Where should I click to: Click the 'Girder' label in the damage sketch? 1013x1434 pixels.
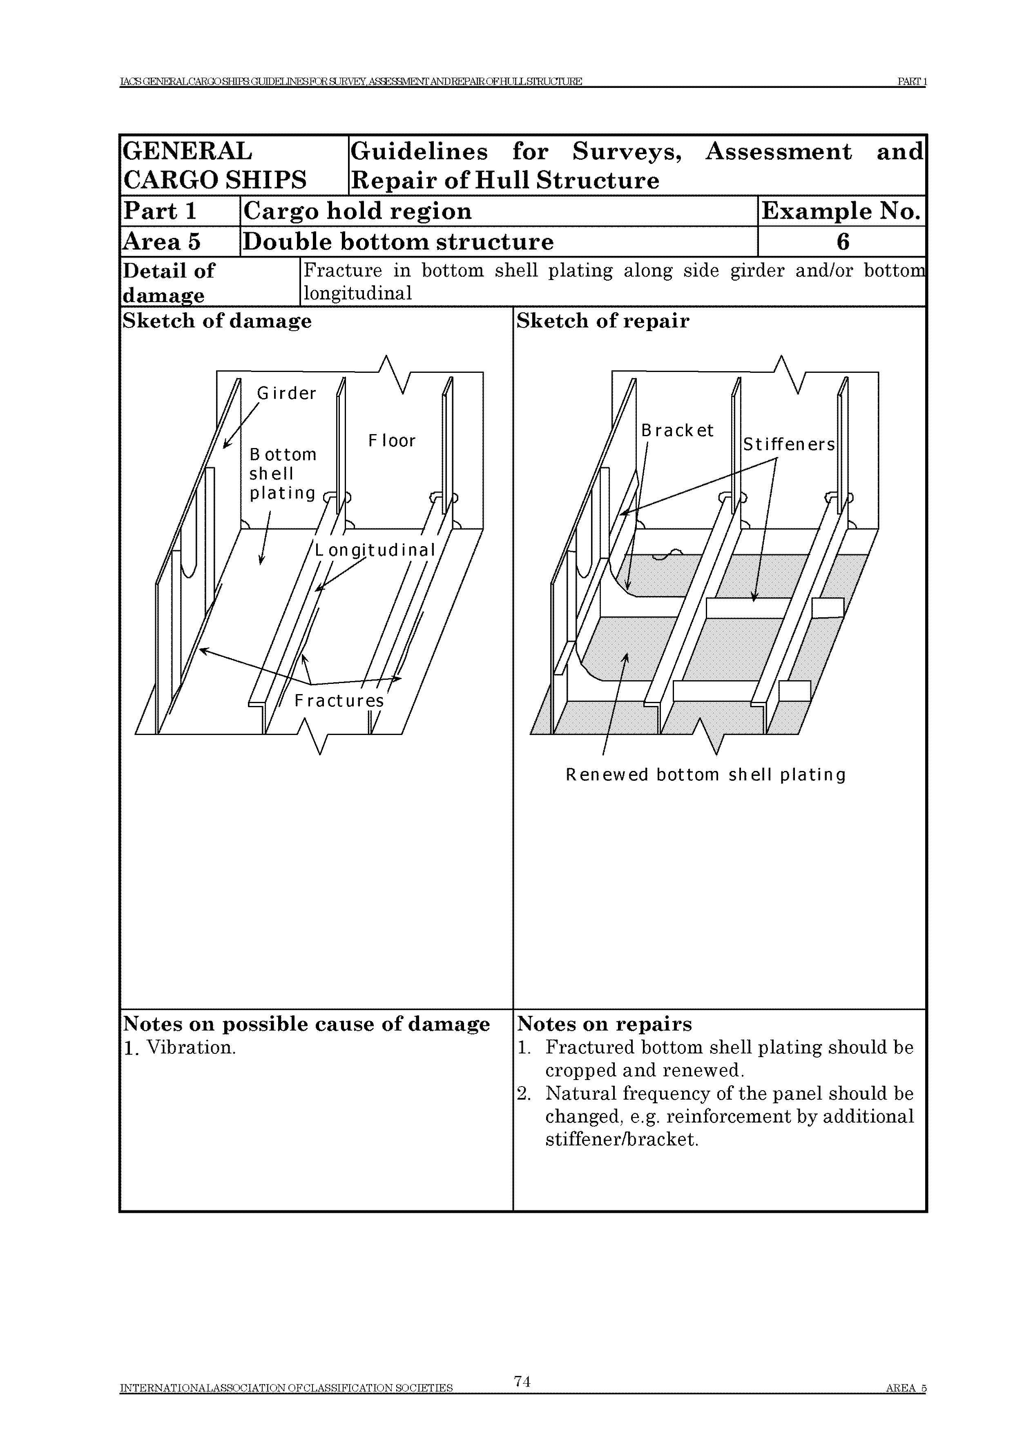pyautogui.click(x=286, y=394)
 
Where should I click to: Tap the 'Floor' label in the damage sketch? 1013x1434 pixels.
pyautogui.click(x=391, y=441)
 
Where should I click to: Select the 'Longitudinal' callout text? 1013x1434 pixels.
pyautogui.click(x=375, y=550)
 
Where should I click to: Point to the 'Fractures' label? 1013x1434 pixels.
pyautogui.click(x=339, y=701)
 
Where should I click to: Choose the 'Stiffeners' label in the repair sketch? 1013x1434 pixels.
pyautogui.click(x=788, y=445)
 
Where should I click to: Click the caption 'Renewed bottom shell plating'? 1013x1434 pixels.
pyautogui.click(x=705, y=775)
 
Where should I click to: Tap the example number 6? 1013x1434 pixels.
pyautogui.click(x=843, y=242)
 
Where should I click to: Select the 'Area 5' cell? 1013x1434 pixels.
pyautogui.click(x=162, y=242)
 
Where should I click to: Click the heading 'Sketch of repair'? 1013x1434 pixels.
pyautogui.click(x=603, y=321)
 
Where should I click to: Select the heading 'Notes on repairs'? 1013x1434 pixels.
pyautogui.click(x=604, y=1024)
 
